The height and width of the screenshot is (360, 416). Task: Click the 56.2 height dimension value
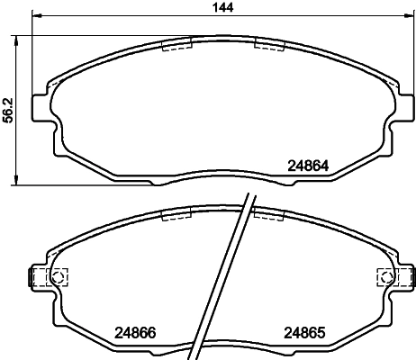pos(7,109)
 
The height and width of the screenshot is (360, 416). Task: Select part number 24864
pos(308,165)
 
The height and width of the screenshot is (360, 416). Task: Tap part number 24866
pos(135,330)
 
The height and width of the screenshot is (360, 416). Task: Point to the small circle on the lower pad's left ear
pos(59,277)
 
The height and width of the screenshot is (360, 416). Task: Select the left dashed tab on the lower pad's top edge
pos(176,214)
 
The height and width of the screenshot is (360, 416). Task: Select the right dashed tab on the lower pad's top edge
pos(269,214)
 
